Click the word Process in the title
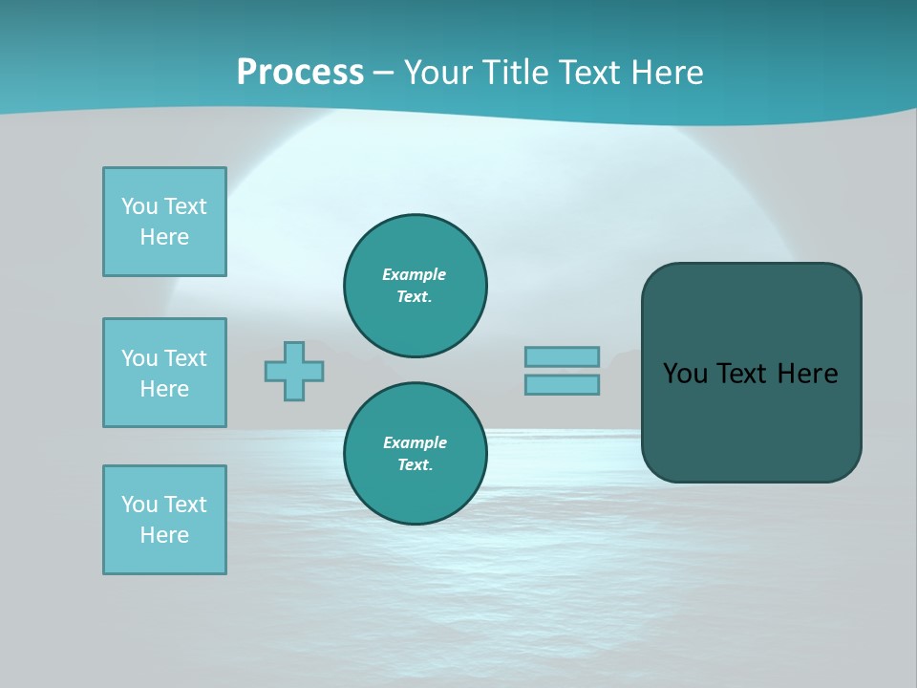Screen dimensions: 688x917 pos(300,73)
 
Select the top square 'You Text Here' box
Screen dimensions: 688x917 pos(164,222)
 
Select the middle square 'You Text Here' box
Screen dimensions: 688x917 pos(164,373)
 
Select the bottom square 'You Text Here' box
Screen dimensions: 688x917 pos(164,520)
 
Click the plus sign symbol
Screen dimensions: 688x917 pos(294,371)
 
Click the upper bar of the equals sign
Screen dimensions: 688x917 pos(562,356)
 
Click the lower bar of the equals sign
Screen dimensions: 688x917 pos(562,385)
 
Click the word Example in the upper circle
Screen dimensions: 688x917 pos(415,274)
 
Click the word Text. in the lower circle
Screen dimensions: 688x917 pos(415,465)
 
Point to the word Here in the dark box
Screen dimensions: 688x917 pos(807,374)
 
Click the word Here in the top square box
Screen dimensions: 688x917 pos(164,237)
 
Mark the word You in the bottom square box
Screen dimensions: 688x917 pos(139,505)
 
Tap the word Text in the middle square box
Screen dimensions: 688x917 pos(185,358)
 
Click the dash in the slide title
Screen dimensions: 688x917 pos(383,73)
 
